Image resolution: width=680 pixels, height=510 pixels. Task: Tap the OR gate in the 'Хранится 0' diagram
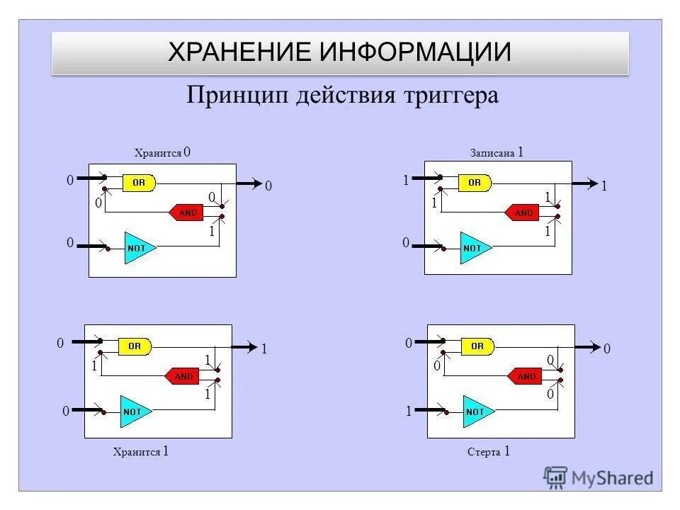point(138,183)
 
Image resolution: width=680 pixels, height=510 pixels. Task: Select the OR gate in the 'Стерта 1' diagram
point(477,346)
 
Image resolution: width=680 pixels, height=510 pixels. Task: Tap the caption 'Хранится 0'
point(162,153)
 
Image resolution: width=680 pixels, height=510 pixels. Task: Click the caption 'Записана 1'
point(497,152)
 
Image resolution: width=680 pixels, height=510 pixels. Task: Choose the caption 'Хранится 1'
point(140,451)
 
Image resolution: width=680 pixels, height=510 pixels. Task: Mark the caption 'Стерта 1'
point(489,451)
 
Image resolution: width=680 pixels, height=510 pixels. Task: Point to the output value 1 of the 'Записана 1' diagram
point(604,186)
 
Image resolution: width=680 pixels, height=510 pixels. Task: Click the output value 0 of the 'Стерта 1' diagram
point(606,349)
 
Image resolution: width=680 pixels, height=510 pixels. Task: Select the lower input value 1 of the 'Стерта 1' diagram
point(409,412)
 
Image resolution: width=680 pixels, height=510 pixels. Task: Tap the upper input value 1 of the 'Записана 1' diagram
point(406,181)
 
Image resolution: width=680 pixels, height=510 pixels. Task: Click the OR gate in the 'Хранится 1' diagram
point(135,346)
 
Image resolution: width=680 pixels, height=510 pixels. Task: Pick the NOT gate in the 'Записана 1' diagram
point(473,248)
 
